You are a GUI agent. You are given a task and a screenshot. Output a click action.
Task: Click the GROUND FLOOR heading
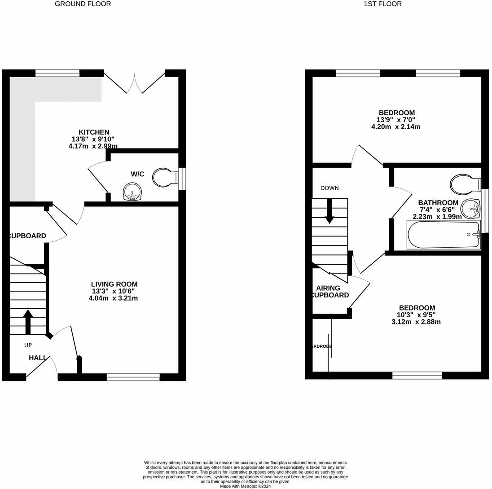(83, 4)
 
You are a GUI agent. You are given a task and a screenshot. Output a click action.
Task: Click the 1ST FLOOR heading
(382, 4)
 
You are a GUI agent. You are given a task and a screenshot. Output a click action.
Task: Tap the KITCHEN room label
(94, 132)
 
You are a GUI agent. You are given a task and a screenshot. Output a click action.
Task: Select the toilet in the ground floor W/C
(163, 178)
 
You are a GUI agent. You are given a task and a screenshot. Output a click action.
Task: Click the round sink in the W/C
(132, 192)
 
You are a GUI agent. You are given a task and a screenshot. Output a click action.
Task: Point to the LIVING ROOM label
(114, 284)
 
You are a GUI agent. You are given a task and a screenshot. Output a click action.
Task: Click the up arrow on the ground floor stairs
(28, 321)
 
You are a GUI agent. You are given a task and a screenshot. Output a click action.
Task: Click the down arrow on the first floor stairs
(329, 211)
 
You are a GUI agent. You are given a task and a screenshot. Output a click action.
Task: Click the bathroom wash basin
(470, 208)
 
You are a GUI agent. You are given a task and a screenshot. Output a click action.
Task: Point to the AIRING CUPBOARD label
(329, 292)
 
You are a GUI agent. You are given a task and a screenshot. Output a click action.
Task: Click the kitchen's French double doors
(135, 83)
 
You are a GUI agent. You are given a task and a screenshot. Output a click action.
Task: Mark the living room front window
(133, 377)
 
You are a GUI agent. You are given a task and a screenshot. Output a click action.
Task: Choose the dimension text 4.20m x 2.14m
(396, 127)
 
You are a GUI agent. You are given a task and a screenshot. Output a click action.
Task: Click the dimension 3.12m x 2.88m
(417, 322)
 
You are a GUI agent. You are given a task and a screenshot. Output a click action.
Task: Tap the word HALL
(38, 358)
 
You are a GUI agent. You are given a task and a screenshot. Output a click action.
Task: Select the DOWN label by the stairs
(329, 188)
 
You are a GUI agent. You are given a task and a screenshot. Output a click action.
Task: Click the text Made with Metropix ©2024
(245, 486)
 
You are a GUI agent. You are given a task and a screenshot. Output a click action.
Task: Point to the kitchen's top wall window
(57, 73)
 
